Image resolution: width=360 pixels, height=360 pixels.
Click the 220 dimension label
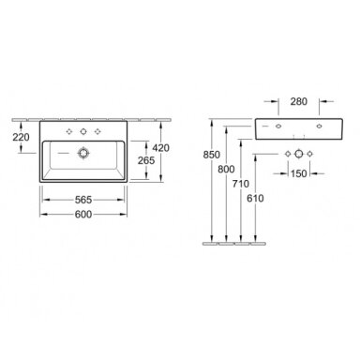point(21,137)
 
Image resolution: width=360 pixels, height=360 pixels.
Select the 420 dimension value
point(160,147)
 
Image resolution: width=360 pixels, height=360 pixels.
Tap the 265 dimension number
point(146,160)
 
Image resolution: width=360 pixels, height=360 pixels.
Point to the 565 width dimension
point(83,200)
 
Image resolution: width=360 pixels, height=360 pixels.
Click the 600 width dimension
point(83,214)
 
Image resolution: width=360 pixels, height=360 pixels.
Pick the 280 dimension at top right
point(299,101)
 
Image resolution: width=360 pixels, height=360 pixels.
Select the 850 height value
point(212,155)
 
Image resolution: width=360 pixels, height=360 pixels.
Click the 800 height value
point(226,169)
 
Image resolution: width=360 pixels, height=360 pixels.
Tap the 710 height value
point(241,184)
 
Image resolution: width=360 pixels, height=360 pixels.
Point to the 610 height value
point(255,198)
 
